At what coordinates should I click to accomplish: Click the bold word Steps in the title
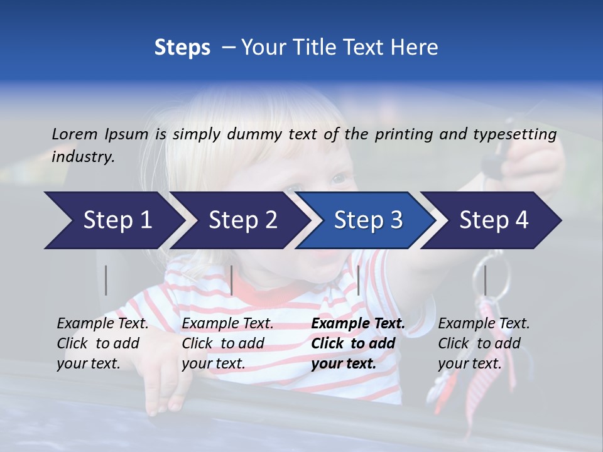point(182,48)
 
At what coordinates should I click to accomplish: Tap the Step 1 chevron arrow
point(113,220)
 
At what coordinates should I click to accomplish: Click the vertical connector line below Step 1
point(106,280)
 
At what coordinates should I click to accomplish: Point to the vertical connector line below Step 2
point(232,280)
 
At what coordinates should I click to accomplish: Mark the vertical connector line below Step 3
point(358,280)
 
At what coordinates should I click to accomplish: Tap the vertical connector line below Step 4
point(484,280)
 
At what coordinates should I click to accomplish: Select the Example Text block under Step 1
point(102,343)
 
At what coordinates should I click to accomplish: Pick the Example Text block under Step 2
point(227,343)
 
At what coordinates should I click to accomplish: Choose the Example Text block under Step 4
point(484,343)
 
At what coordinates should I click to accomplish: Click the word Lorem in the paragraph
point(75,134)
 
